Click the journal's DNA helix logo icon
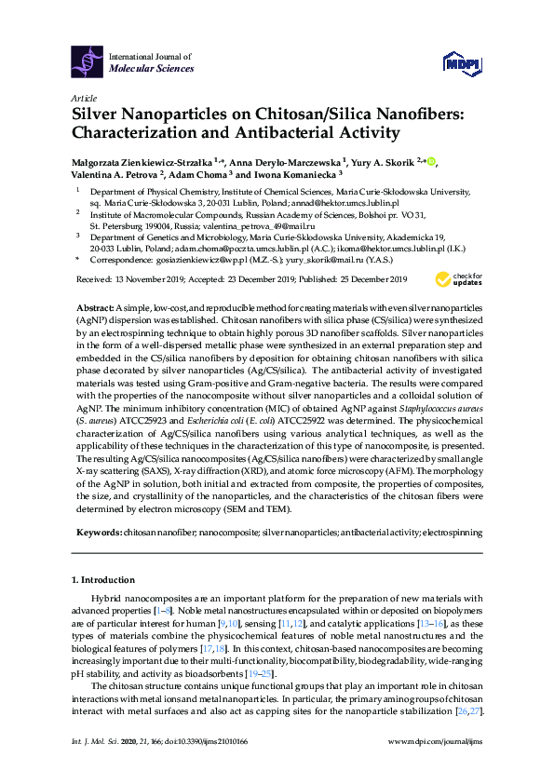pos(88,61)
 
